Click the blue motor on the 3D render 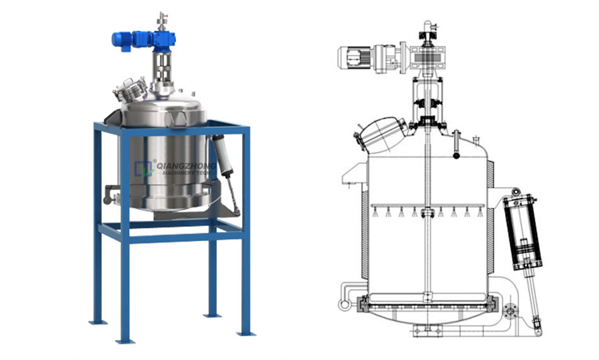(122, 40)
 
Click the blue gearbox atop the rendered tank (165, 40)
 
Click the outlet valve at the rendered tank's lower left (111, 194)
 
